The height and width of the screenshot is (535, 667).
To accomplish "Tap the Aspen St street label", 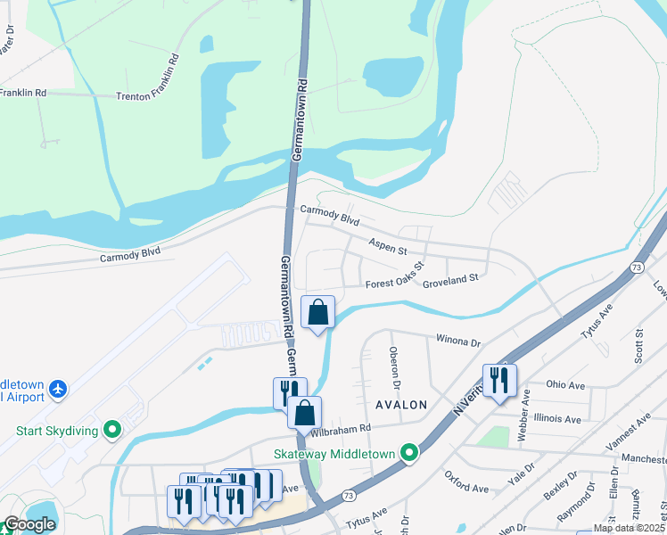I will coord(388,243).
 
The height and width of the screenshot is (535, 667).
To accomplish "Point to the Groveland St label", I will coord(450,277).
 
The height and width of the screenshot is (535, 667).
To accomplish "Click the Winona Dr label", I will coord(457,341).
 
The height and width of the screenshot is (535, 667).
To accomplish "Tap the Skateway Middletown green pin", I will coord(409,453).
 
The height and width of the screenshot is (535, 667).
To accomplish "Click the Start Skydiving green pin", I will coord(112,431).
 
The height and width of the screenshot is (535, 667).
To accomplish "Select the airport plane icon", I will coord(59,389).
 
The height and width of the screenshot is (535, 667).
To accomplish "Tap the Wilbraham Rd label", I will coord(341,430).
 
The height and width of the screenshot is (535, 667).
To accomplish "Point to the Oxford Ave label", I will coord(466,488).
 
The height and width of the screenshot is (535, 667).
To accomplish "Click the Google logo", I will coord(29,524).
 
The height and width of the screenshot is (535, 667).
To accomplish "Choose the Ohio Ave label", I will coord(564,385).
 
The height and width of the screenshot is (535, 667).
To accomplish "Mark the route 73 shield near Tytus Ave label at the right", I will coord(637,267).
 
